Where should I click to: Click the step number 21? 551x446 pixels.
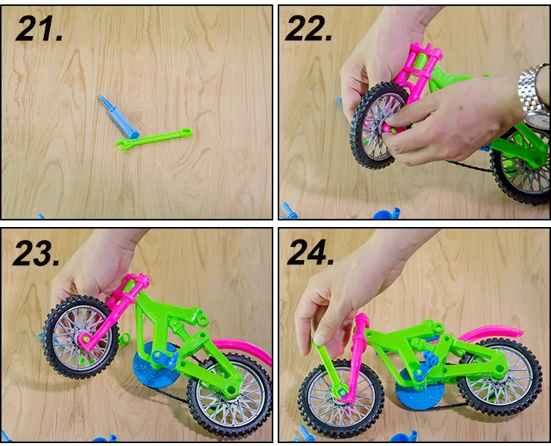point(39,29)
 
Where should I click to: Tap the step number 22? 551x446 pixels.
point(308,29)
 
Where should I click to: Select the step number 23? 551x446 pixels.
point(36,253)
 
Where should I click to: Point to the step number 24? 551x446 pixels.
point(310,252)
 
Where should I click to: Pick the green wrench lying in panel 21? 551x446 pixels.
point(154,139)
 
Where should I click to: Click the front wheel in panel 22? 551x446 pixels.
point(378,126)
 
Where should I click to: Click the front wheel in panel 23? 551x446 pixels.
point(81,337)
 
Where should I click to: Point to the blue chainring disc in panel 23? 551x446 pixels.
point(154,364)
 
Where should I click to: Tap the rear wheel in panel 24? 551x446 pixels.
point(500,377)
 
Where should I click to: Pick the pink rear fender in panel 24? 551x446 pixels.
point(492,334)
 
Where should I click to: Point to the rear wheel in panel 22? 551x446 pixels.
point(521,165)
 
